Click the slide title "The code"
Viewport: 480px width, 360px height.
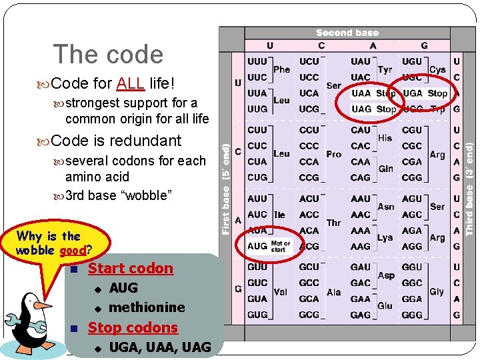(x=108, y=55)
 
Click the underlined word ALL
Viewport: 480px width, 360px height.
(x=131, y=84)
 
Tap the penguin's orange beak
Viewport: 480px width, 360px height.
(x=43, y=306)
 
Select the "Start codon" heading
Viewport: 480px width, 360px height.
(x=131, y=269)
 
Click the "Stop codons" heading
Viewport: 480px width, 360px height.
(x=133, y=327)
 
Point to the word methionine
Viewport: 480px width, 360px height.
(x=147, y=307)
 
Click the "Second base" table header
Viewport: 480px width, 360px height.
(x=347, y=33)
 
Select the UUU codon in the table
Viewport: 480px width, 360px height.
(x=257, y=61)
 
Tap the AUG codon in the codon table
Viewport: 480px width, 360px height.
(x=257, y=246)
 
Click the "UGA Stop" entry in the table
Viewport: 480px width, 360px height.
(x=425, y=93)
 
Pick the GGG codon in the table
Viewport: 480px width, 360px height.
(x=412, y=315)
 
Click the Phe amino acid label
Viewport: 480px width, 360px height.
(x=282, y=69)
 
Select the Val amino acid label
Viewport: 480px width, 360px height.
(x=281, y=291)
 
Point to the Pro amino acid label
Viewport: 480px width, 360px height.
(x=334, y=154)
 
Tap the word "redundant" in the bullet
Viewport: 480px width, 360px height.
(x=147, y=141)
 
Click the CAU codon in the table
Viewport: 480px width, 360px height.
(x=360, y=130)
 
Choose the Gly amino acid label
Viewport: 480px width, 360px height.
(x=437, y=291)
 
